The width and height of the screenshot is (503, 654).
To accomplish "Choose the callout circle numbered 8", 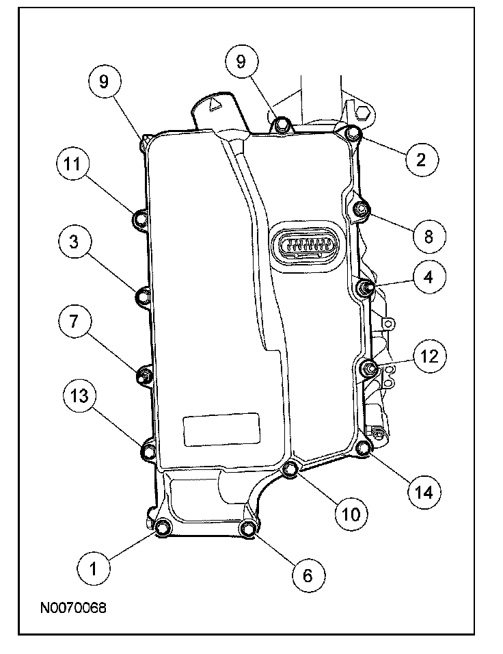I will [429, 237].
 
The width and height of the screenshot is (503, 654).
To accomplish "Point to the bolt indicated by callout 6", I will [249, 528].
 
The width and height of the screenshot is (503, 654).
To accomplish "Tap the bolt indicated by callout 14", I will [364, 449].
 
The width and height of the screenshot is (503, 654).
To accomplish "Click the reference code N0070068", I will [72, 607].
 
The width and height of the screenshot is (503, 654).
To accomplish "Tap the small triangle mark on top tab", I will [214, 105].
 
